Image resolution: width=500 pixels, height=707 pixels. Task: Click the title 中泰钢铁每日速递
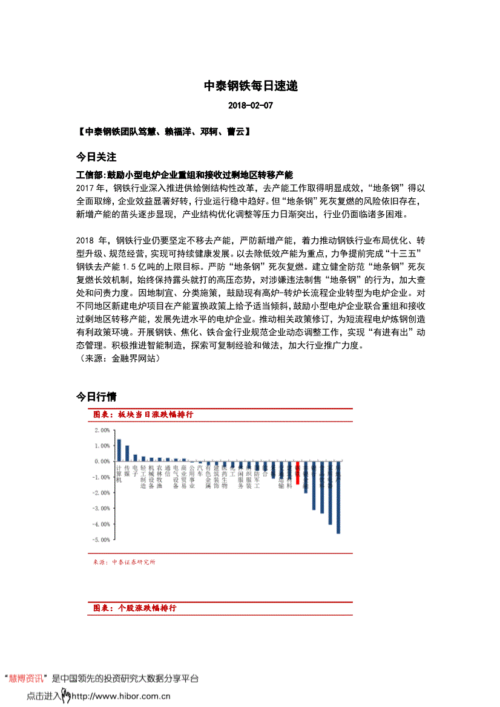pyautogui.click(x=250, y=86)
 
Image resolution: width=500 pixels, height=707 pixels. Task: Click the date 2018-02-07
pyautogui.click(x=251, y=105)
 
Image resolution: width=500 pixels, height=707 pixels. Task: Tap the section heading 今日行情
pyautogui.click(x=96, y=397)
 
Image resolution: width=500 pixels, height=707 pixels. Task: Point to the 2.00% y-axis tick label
pyautogui.click(x=102, y=430)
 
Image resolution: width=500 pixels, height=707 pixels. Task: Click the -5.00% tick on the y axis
pyautogui.click(x=101, y=539)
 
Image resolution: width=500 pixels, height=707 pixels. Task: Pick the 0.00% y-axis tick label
pyautogui.click(x=102, y=461)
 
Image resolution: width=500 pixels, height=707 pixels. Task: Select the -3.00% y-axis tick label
pyautogui.click(x=101, y=508)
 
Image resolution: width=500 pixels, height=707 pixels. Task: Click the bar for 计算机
pyautogui.click(x=119, y=450)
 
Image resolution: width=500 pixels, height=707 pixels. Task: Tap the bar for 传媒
pyautogui.click(x=127, y=453)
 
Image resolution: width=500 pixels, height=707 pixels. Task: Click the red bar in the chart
pyautogui.click(x=297, y=473)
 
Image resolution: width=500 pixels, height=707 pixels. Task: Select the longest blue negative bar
pyautogui.click(x=338, y=497)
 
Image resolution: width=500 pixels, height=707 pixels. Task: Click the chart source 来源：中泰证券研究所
pyautogui.click(x=124, y=562)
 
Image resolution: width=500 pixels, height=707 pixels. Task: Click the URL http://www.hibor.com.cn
pyautogui.click(x=120, y=696)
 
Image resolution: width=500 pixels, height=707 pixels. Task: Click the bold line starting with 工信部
pyautogui.click(x=185, y=174)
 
